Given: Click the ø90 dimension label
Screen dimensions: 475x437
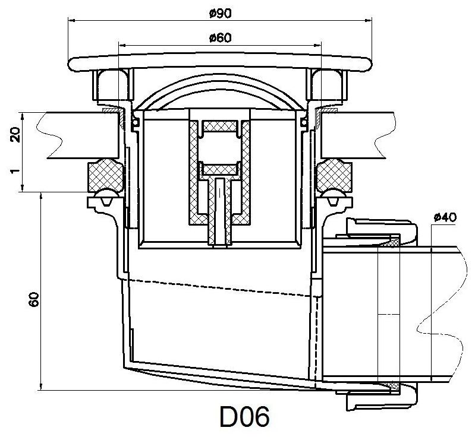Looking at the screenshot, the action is point(220,14).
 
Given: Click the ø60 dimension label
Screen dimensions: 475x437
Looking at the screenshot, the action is point(220,38).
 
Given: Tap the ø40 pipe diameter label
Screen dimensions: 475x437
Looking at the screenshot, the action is point(445,217).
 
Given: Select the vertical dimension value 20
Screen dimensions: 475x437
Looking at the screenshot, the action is point(15,135).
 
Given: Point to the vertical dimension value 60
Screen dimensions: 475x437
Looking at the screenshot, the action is point(34,299).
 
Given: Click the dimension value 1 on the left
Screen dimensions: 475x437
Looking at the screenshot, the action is point(15,171).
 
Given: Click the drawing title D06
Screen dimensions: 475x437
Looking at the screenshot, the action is point(244,417).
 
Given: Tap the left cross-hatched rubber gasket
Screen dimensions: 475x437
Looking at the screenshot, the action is point(105,175).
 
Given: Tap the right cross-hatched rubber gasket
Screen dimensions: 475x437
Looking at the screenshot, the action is point(334,175).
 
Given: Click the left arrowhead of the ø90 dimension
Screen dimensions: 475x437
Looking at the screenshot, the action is point(71,21).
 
